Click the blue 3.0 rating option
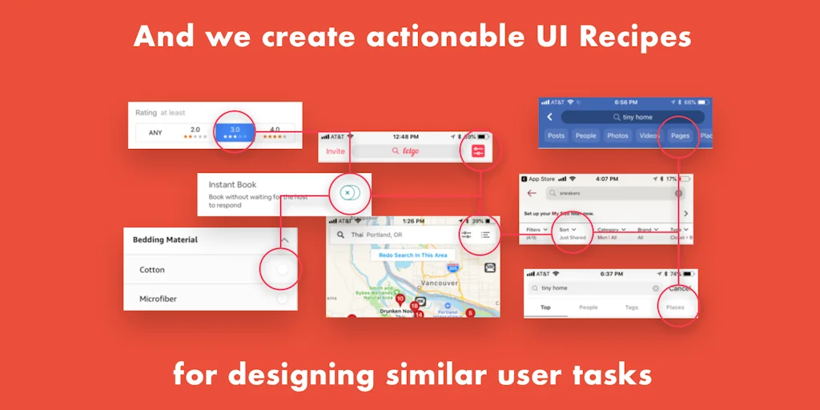235,132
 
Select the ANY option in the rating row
155,132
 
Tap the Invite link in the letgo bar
335,151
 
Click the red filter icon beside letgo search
479,151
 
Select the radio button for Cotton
282,270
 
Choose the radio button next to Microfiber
282,299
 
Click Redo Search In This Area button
412,255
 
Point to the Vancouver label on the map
440,283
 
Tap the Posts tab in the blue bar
556,136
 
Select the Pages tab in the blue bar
680,136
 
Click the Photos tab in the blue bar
617,136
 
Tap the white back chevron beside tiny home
550,117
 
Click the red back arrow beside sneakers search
532,193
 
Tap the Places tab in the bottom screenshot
675,307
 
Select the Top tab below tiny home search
545,307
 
